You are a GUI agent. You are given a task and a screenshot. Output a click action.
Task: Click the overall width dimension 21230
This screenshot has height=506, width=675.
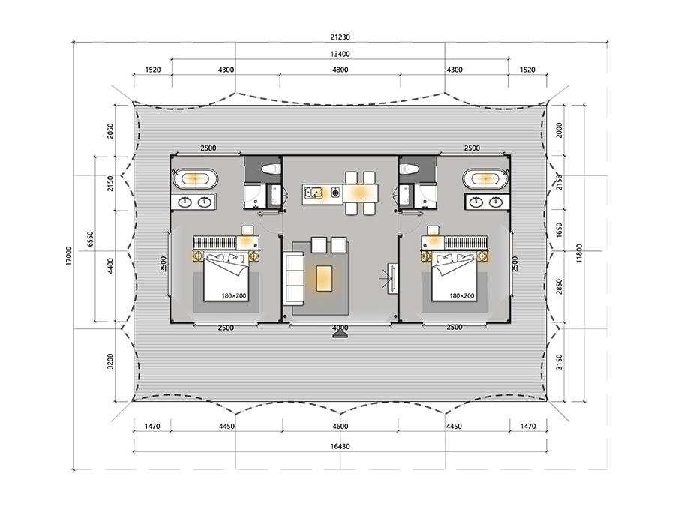(340, 37)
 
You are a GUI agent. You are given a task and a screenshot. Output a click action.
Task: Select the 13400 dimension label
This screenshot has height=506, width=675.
(340, 54)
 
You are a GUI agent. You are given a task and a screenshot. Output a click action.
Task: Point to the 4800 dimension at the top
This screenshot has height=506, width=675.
(340, 70)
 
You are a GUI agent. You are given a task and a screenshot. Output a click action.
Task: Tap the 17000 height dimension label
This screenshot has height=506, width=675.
(69, 256)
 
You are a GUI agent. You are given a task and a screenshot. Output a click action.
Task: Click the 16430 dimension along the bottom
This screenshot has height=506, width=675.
(340, 446)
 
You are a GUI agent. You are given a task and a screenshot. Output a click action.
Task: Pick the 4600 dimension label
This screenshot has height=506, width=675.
(340, 426)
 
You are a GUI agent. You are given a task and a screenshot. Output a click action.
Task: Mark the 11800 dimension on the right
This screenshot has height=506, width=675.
(579, 253)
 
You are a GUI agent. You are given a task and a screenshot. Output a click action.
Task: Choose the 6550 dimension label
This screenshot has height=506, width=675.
(90, 239)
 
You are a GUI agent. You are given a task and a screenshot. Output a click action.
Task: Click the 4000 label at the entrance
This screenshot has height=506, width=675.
(340, 328)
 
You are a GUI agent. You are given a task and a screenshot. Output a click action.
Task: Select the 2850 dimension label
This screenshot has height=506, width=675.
(559, 287)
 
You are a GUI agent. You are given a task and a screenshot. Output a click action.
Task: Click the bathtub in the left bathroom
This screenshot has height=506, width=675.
(195, 178)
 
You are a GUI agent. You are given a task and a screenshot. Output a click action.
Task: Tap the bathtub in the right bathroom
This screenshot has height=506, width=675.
(485, 178)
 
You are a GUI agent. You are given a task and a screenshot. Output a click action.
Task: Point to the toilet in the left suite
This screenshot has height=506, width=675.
(271, 168)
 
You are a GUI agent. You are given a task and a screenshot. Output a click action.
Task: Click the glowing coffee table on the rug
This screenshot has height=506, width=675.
(324, 278)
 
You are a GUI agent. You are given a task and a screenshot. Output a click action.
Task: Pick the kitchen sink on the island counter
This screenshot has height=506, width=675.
(313, 193)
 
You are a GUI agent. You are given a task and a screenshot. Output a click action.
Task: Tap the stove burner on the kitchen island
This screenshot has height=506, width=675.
(336, 193)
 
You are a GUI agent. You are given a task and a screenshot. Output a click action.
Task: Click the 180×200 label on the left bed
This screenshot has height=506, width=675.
(234, 295)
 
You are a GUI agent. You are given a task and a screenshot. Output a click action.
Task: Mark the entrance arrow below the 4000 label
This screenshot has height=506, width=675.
(340, 335)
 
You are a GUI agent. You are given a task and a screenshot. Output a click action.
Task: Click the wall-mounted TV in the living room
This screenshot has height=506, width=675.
(393, 278)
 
